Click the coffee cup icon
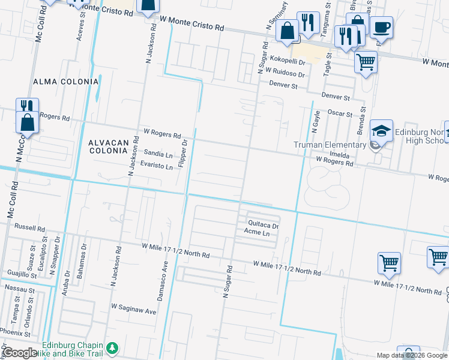[381, 27]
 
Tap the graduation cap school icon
[381, 131]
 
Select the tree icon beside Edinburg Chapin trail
[112, 349]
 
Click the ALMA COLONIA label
[66, 81]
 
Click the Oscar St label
[339, 112]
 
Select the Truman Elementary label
[330, 145]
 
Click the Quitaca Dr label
[264, 226]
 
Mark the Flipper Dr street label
[185, 154]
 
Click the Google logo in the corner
[20, 352]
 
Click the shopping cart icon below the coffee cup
[366, 61]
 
